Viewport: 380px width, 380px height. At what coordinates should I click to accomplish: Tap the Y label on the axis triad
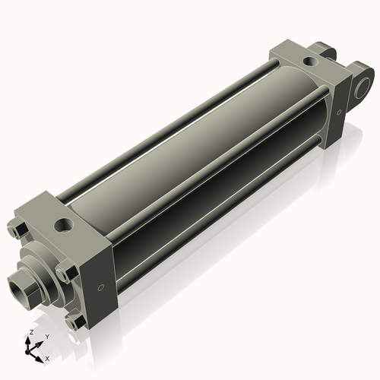click(47, 336)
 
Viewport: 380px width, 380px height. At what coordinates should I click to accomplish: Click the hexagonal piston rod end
click(23, 287)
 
